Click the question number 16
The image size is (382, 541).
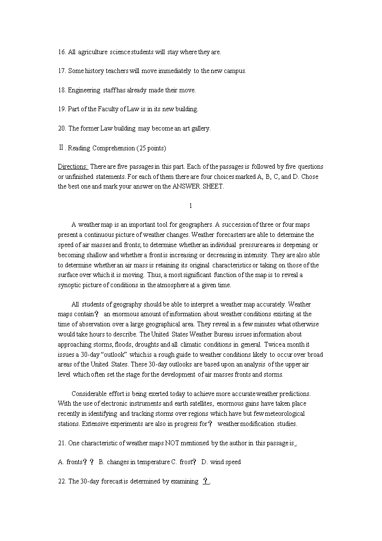click(x=61, y=52)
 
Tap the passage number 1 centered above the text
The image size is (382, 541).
click(x=191, y=206)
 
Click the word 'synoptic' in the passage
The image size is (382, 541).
click(x=70, y=285)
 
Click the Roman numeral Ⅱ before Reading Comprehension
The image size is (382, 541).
click(x=60, y=147)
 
